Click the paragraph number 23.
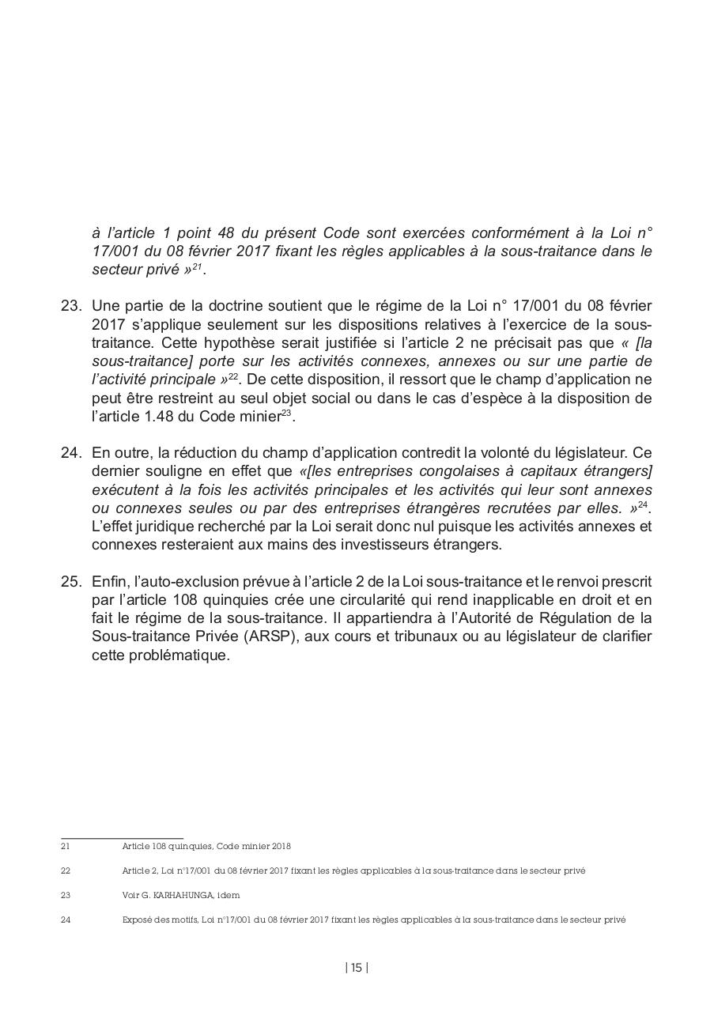coord(71,306)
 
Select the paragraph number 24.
coord(71,453)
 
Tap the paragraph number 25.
coord(71,582)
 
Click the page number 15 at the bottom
coord(357,968)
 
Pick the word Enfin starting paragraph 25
coord(108,582)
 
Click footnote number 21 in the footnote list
coord(66,846)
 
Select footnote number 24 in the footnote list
coord(66,920)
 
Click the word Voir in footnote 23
coord(130,896)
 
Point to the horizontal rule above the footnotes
coord(122,838)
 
